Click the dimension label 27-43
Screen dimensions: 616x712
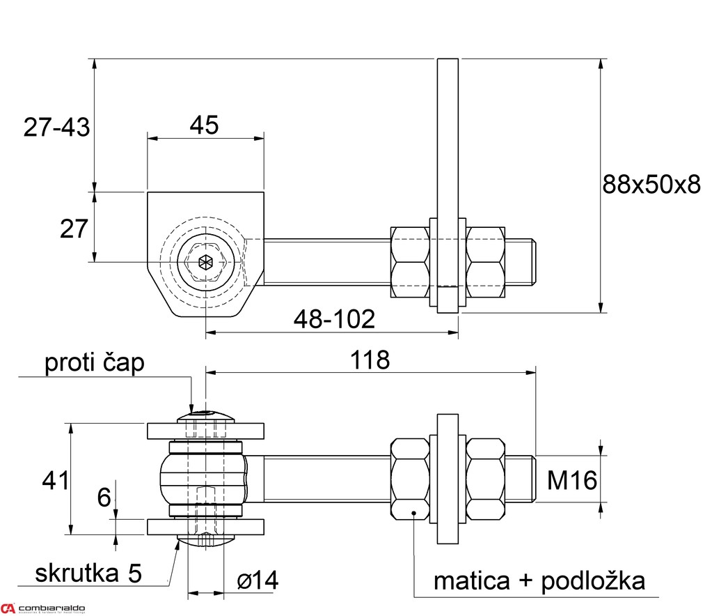pyautogui.click(x=56, y=128)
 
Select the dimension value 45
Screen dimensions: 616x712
pyautogui.click(x=204, y=125)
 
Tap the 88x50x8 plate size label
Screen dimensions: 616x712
pyautogui.click(x=651, y=185)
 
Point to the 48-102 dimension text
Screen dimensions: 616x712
pyautogui.click(x=334, y=320)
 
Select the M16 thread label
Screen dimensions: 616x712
pyautogui.click(x=571, y=479)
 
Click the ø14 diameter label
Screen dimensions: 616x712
pyautogui.click(x=257, y=580)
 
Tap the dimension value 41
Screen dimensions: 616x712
pyautogui.click(x=56, y=480)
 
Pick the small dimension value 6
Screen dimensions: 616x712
pyautogui.click(x=104, y=498)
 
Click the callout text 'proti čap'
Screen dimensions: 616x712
pyautogui.click(x=95, y=363)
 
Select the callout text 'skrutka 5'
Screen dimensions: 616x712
pyautogui.click(x=88, y=573)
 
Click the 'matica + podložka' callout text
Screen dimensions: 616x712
pyautogui.click(x=539, y=580)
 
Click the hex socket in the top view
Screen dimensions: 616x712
pyautogui.click(x=205, y=263)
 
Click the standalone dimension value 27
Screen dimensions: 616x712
pyautogui.click(x=74, y=229)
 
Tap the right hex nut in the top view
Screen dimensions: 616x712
pyautogui.click(x=485, y=262)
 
